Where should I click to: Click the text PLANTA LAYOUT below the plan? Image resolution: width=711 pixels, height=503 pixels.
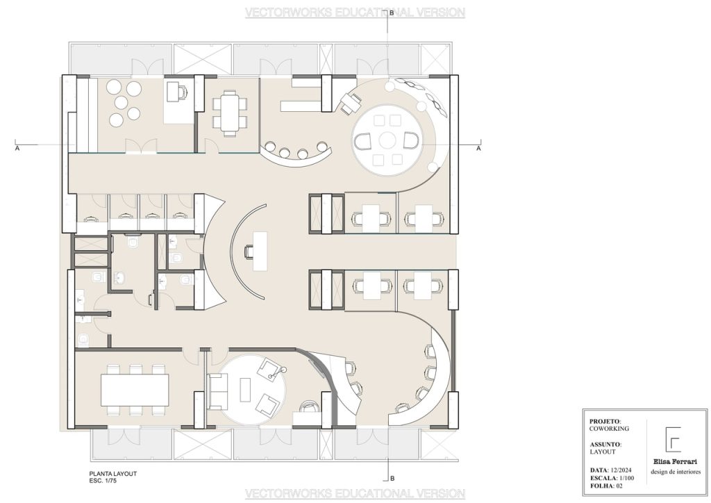113,474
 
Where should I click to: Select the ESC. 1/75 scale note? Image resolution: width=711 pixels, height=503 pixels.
103,481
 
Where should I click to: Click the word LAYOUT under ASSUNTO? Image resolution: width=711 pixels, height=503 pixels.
603,452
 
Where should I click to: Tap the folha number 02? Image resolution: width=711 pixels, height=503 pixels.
619,486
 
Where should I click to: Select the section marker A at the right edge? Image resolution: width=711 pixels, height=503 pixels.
478,148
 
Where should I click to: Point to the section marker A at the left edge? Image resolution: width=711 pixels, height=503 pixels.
17,148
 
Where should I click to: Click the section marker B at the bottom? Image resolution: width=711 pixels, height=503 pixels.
392,479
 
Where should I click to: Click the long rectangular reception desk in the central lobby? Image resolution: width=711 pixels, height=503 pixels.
260,251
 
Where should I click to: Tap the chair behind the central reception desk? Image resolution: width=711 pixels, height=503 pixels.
249,251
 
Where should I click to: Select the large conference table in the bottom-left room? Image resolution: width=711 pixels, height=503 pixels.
135,390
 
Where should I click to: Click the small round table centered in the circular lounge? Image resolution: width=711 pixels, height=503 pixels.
387,140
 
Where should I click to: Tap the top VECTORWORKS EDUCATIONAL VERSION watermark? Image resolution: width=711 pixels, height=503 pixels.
355,13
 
